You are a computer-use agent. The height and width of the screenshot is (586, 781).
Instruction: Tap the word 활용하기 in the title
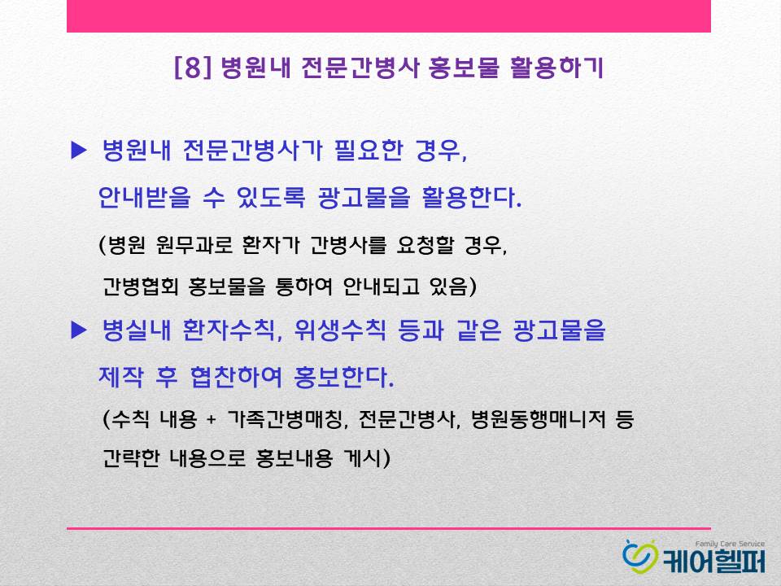pyautogui.click(x=556, y=68)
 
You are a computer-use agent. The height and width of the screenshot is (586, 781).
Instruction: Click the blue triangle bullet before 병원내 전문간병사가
pyautogui.click(x=79, y=151)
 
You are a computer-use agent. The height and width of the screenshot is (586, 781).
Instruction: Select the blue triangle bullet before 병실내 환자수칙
pyautogui.click(x=79, y=330)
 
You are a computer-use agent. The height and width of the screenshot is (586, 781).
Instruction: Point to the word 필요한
pyautogui.click(x=369, y=150)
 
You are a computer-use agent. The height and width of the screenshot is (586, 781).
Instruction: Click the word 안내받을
pyautogui.click(x=145, y=197)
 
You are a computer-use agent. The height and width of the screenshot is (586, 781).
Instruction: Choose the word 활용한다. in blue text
pyautogui.click(x=471, y=197)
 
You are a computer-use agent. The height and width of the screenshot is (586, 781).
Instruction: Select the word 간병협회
pyautogui.click(x=140, y=286)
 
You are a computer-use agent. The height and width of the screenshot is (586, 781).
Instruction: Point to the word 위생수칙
pyautogui.click(x=340, y=330)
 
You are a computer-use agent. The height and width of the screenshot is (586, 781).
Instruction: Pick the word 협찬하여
pyautogui.click(x=236, y=377)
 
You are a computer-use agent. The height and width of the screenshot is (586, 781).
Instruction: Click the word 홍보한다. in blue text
pyautogui.click(x=343, y=377)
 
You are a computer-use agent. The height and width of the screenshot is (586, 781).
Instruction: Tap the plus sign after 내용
pyautogui.click(x=212, y=420)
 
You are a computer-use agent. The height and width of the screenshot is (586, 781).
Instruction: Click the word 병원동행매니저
pyautogui.click(x=538, y=419)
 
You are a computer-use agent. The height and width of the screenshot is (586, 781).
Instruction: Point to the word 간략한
pyautogui.click(x=131, y=457)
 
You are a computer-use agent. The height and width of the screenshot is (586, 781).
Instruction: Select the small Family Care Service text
pyautogui.click(x=730, y=544)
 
